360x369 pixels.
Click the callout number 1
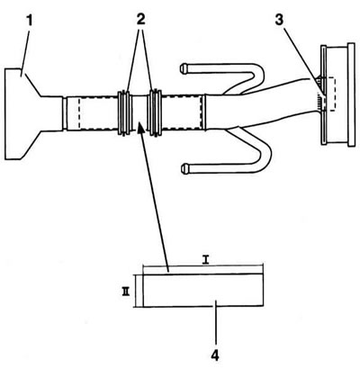29,21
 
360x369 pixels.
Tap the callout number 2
140,20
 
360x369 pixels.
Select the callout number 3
279,20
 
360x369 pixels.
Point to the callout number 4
215,355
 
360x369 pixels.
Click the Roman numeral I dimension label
205,260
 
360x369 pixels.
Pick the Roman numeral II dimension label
125,292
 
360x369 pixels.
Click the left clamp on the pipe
125,113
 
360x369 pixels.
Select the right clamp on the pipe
155,112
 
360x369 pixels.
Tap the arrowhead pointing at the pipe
140,127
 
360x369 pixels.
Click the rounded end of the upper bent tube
183,68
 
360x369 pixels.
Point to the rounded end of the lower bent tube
184,168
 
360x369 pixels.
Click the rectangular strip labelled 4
203,291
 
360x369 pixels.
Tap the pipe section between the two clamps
140,112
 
